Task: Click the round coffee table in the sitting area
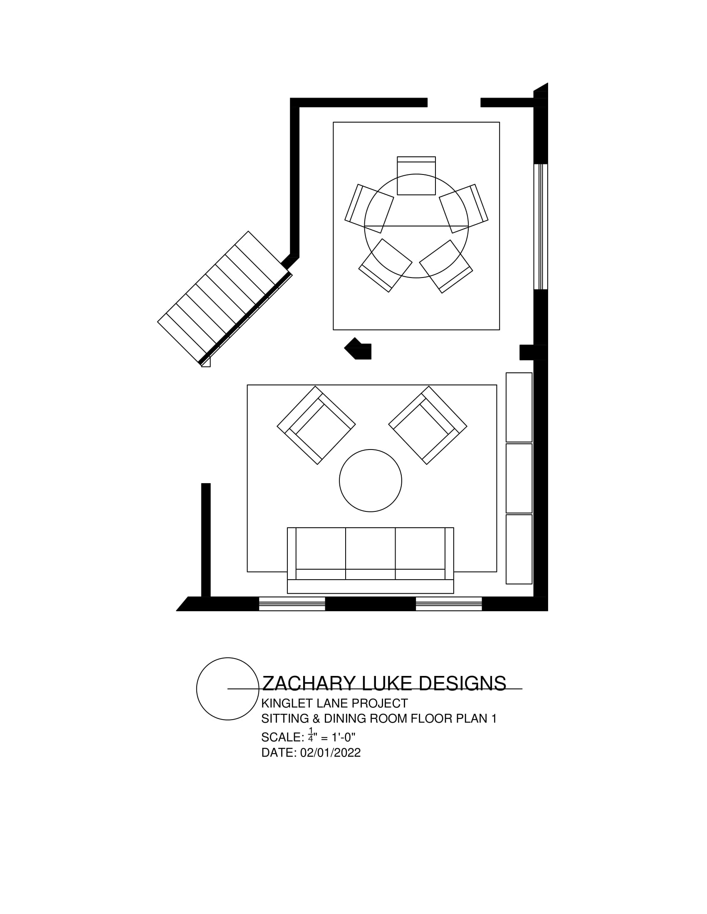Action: click(x=370, y=480)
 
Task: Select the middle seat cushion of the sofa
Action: click(x=370, y=549)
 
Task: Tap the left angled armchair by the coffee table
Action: click(x=316, y=425)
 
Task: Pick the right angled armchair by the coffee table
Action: click(x=428, y=425)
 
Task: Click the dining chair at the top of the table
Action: click(x=416, y=176)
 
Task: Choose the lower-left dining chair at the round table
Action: click(x=386, y=265)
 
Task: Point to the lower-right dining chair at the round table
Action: click(x=446, y=266)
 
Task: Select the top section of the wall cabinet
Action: click(x=519, y=407)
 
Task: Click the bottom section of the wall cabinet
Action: click(x=519, y=549)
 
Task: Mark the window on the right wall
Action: click(x=541, y=226)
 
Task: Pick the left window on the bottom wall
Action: click(x=292, y=604)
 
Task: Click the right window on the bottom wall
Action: click(x=449, y=604)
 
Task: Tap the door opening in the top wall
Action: click(x=454, y=102)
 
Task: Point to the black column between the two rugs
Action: click(x=359, y=349)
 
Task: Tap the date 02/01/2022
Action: click(x=331, y=752)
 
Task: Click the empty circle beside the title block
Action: click(x=227, y=689)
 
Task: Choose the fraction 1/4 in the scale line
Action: click(x=310, y=735)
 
